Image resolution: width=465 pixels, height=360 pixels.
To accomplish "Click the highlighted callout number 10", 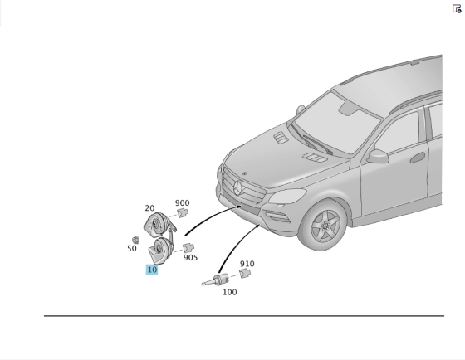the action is [152, 270].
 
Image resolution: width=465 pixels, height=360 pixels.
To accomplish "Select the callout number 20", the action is [149, 208].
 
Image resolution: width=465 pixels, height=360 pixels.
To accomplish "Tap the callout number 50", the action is [132, 249].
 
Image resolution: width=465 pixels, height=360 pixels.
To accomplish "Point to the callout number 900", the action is [182, 203].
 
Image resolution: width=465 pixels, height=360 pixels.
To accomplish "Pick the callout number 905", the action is [191, 258].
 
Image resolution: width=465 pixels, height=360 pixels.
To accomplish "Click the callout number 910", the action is [247, 264].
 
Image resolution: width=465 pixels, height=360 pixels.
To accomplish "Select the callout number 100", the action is [230, 292].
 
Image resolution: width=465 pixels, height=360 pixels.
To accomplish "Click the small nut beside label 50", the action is [136, 240].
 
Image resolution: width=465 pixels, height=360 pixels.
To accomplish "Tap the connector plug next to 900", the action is [183, 212].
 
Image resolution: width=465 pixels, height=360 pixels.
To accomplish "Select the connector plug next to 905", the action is [188, 248].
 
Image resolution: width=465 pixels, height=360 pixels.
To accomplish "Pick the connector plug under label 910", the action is [245, 273].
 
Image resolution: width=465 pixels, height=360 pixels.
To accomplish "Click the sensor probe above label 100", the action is [216, 280].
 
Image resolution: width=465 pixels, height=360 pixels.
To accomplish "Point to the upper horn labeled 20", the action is [158, 224].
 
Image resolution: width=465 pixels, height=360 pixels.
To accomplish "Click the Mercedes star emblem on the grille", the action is [238, 188].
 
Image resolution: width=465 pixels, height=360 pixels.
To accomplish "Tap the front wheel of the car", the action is [324, 226].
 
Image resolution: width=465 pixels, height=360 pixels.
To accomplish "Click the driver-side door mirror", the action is [378, 156].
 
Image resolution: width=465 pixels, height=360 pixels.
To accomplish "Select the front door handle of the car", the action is [418, 158].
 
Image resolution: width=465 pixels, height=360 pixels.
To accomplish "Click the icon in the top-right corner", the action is [457, 9].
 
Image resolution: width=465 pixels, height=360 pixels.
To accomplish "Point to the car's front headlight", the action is [287, 196].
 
